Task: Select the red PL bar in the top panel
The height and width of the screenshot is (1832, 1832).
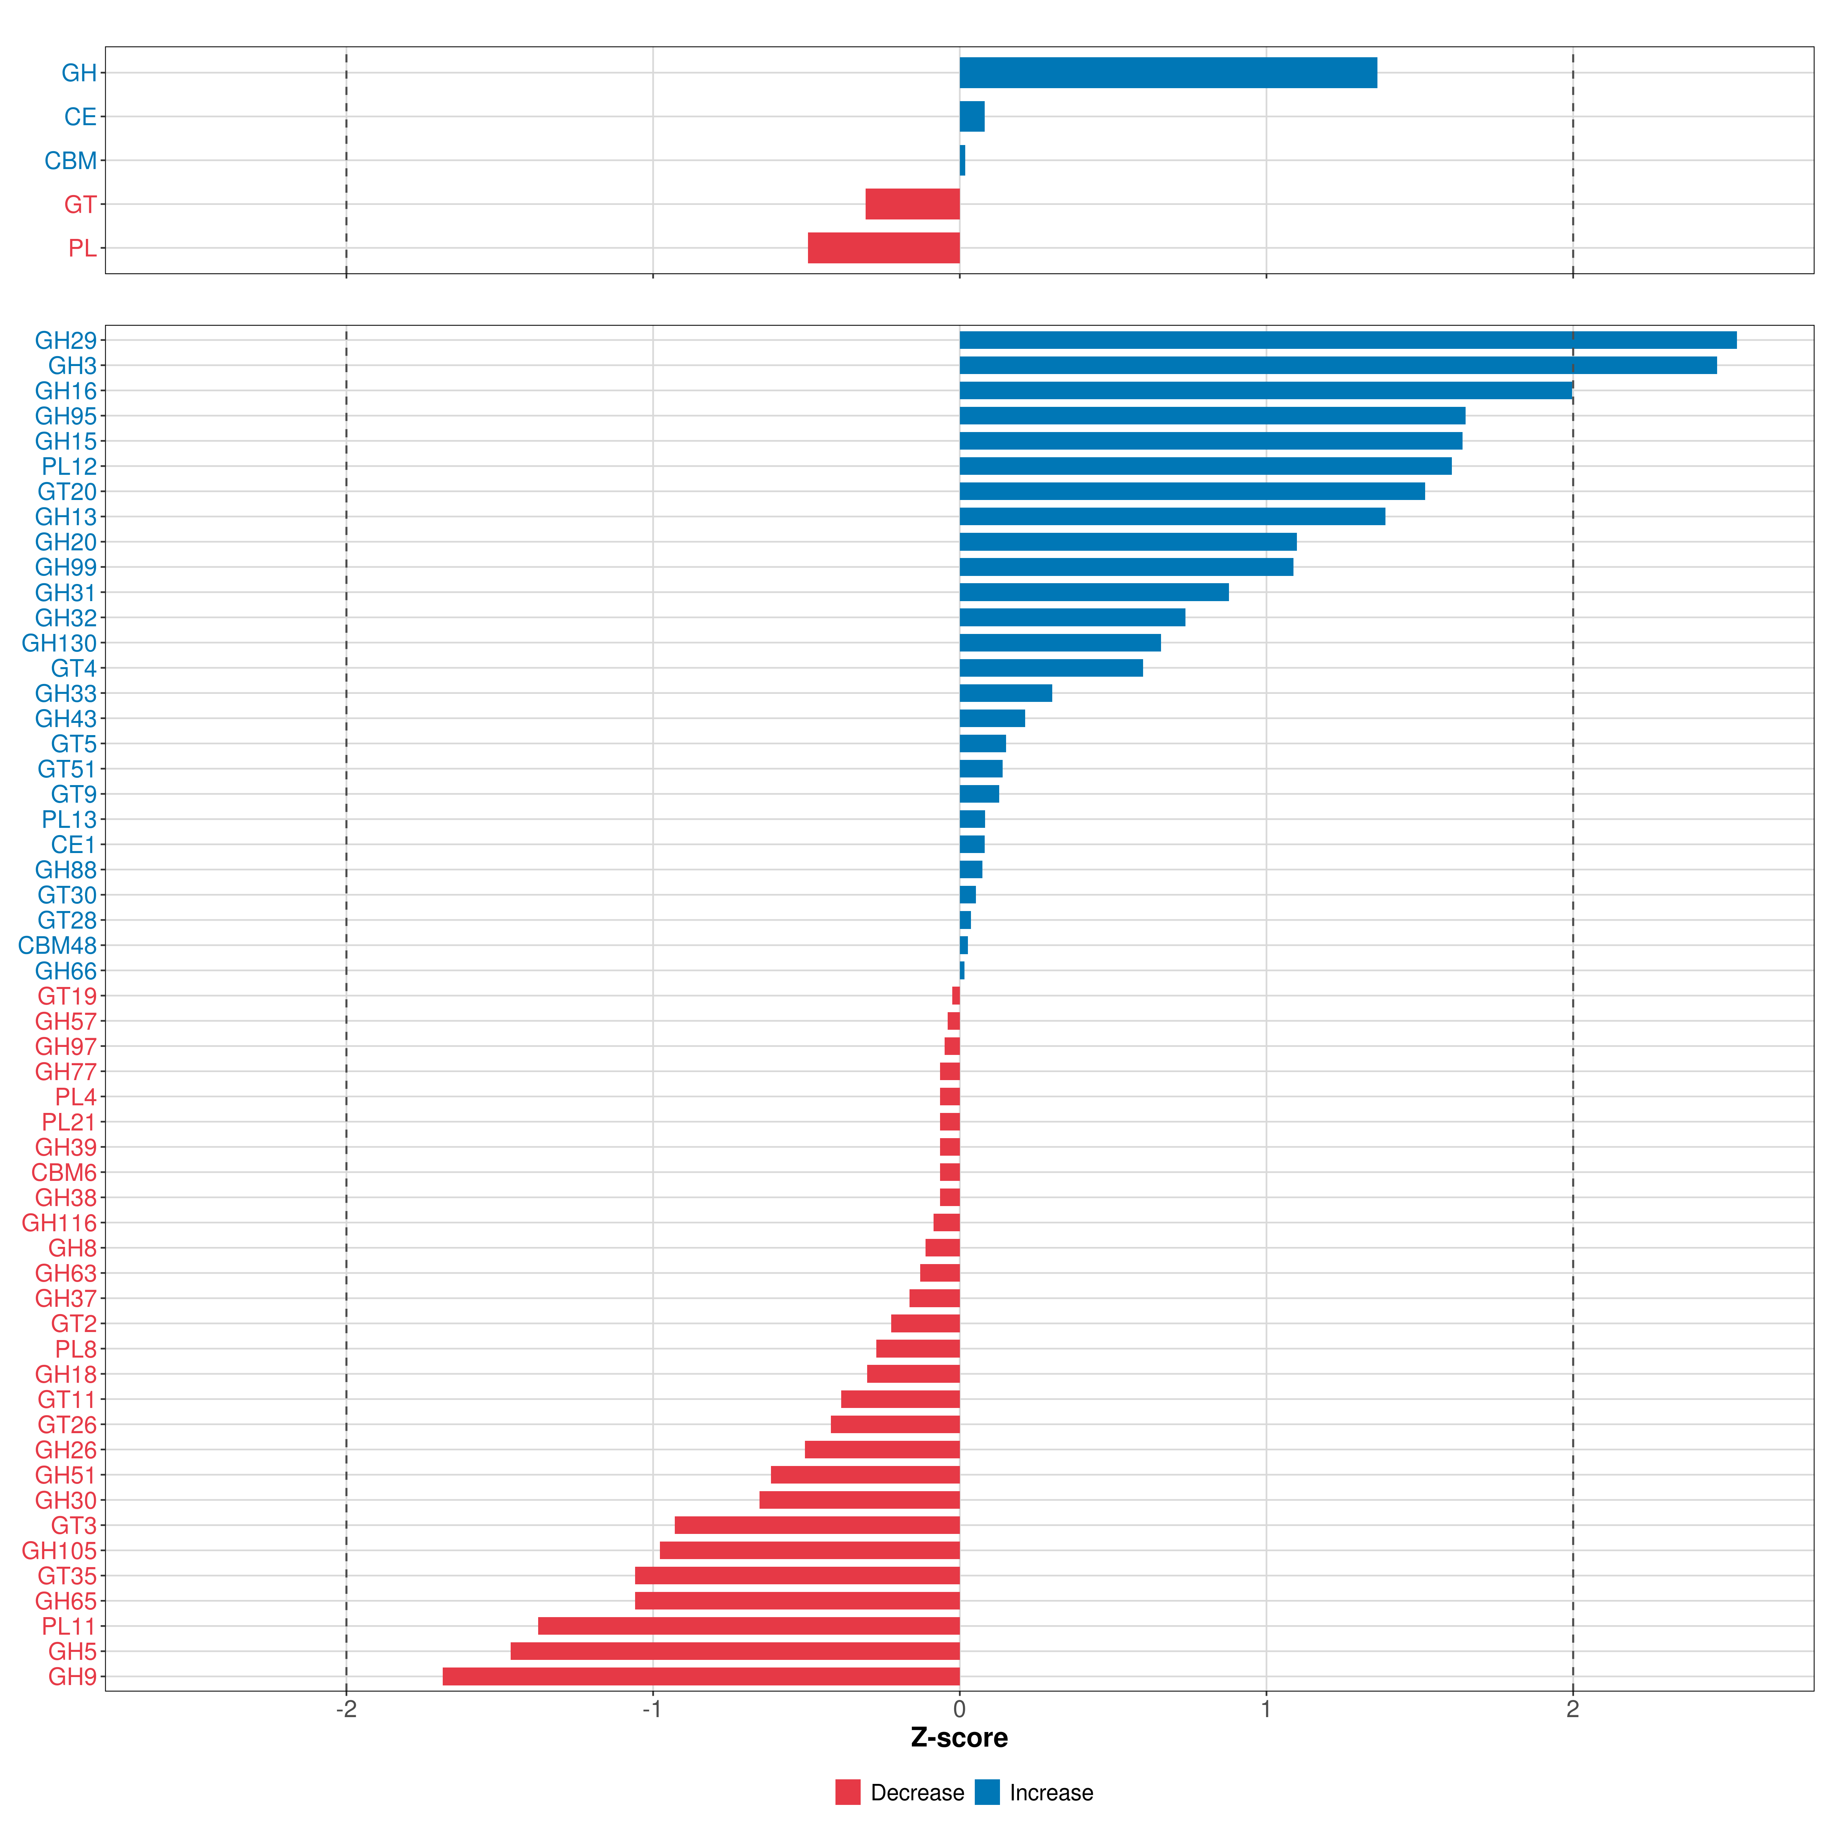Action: coord(884,247)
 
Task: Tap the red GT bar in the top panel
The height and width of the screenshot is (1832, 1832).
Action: coord(912,204)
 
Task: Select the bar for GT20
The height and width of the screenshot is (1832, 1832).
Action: coord(1192,491)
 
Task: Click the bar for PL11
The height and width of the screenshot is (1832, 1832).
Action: coord(749,1626)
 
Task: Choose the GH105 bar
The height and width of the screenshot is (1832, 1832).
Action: coord(810,1550)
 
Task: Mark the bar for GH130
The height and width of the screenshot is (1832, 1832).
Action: coord(1060,643)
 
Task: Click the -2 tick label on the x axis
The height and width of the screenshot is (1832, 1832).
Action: coord(346,1710)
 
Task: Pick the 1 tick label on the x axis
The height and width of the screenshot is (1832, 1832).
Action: coord(1266,1710)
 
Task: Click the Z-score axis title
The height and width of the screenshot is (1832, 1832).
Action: coord(960,1737)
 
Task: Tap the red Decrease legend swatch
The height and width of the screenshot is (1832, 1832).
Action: coord(848,1792)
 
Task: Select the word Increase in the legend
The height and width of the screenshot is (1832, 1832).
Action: coord(1051,1792)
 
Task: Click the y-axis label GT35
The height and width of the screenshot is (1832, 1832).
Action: coord(67,1576)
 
